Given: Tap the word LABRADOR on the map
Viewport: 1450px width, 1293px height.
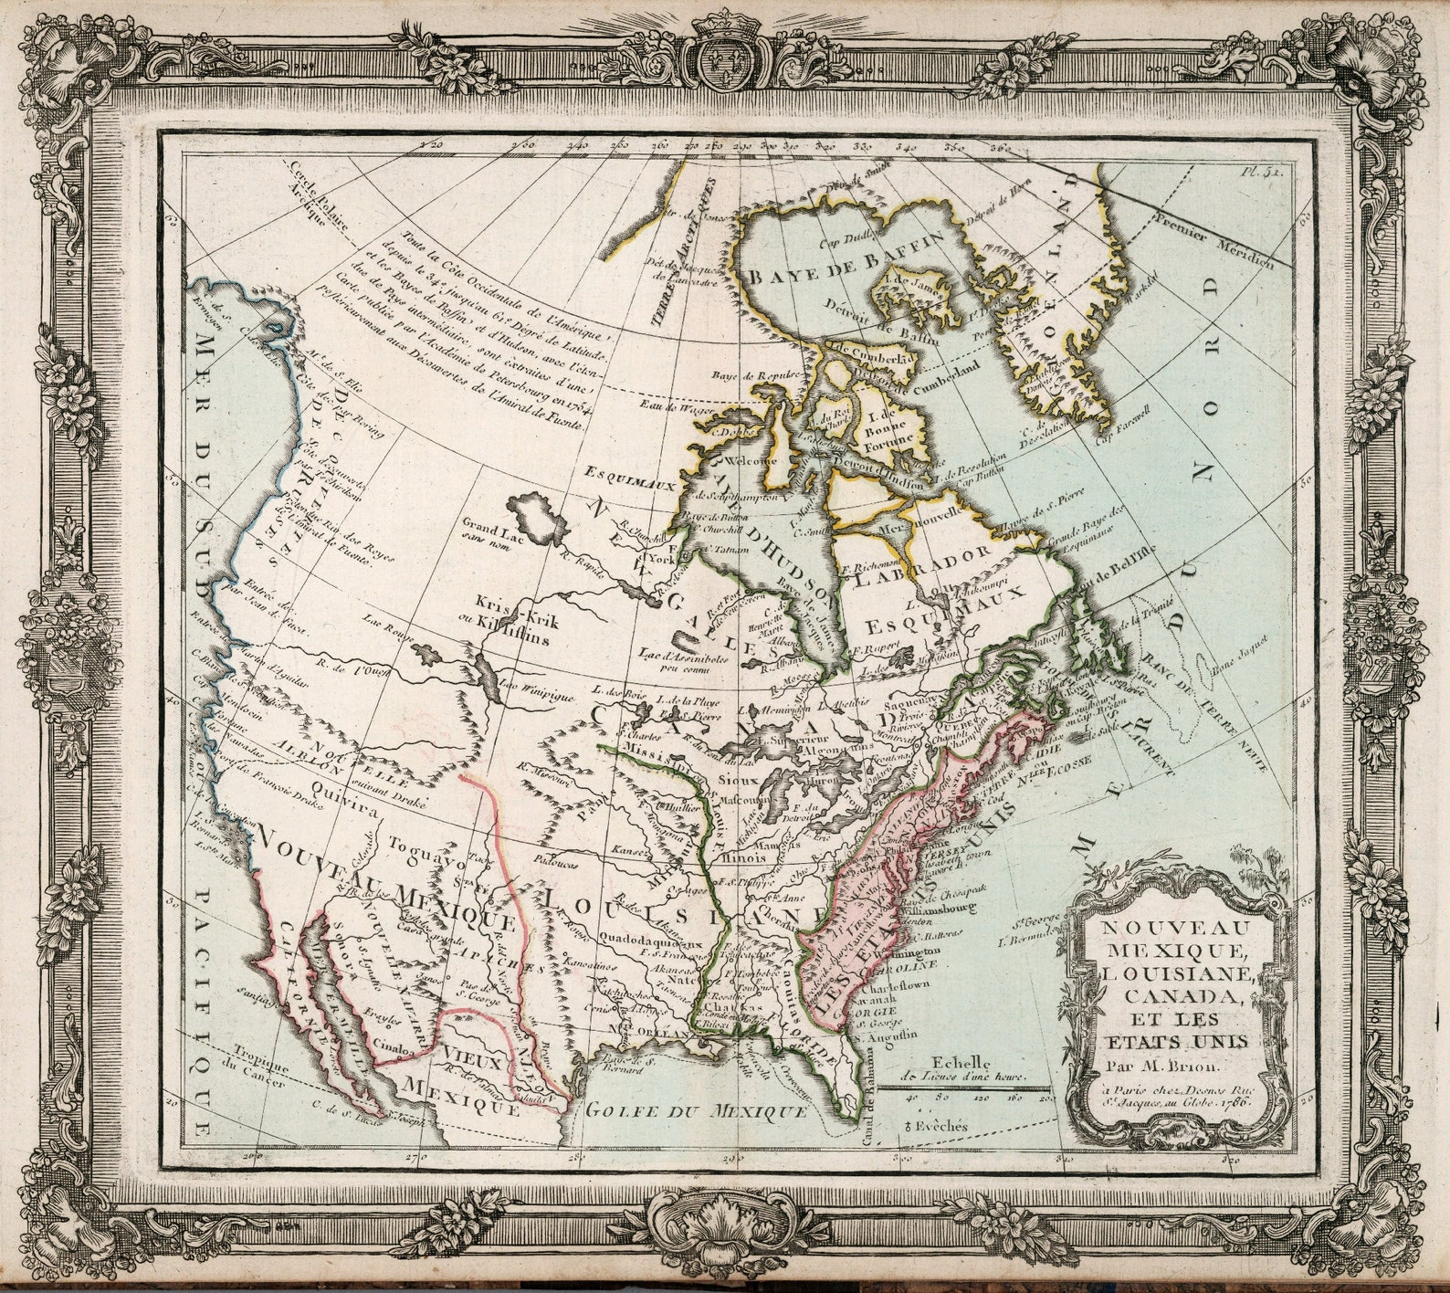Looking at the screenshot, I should pyautogui.click(x=922, y=569).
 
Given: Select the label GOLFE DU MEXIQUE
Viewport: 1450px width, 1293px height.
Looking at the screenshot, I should pyautogui.click(x=696, y=1111).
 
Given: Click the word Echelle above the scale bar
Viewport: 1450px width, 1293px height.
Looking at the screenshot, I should pyautogui.click(x=960, y=1062).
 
